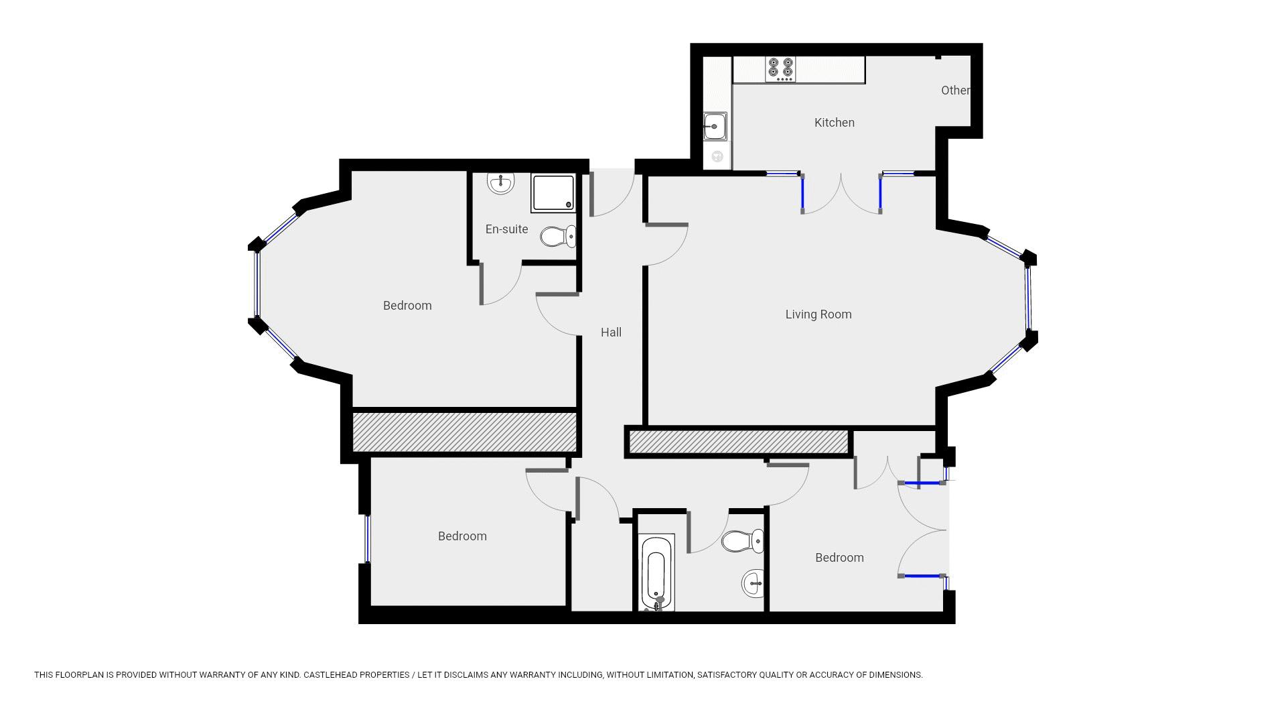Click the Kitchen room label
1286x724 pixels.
point(834,123)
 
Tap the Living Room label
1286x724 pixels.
point(818,314)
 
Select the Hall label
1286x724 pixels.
point(611,333)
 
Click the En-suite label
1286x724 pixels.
point(506,229)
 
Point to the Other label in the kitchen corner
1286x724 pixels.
point(954,90)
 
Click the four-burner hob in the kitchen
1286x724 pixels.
point(781,69)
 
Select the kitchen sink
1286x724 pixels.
point(715,126)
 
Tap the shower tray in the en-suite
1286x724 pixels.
point(553,192)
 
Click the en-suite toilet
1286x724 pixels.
point(557,236)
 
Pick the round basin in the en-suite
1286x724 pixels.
point(500,182)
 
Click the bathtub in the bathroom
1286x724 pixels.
point(656,573)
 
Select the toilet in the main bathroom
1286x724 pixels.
point(742,540)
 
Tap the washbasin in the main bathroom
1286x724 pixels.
point(753,583)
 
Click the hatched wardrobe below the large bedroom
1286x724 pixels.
point(464,432)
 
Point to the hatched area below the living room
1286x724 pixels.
point(738,442)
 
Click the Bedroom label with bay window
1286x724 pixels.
point(407,306)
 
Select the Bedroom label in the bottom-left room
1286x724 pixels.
point(462,536)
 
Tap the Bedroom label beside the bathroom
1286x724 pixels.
point(839,558)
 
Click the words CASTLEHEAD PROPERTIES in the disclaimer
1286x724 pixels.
point(356,675)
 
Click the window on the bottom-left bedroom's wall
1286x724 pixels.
point(367,538)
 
